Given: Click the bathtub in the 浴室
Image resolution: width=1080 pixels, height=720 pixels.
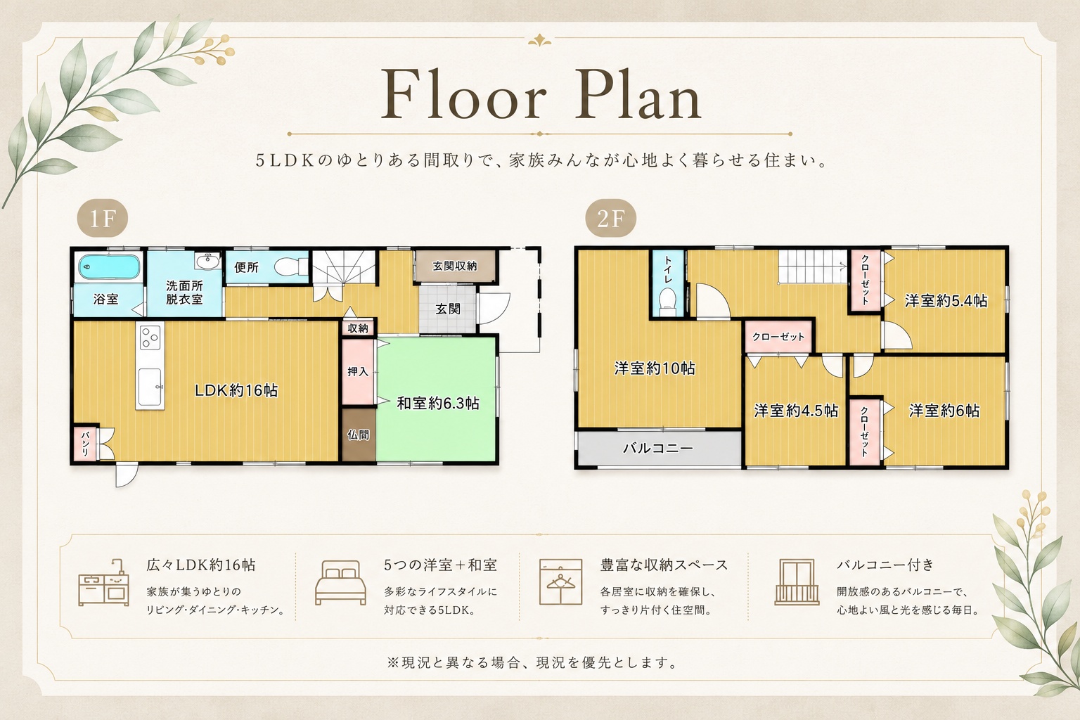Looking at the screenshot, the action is pyautogui.click(x=109, y=266).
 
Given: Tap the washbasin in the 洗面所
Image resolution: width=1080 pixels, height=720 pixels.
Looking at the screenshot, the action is pyautogui.click(x=208, y=262).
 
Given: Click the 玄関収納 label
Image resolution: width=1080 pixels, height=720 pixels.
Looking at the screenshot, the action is pyautogui.click(x=455, y=266).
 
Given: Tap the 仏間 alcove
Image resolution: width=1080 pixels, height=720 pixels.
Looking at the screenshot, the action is pyautogui.click(x=359, y=435).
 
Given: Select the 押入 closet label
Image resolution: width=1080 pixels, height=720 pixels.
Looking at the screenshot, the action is pyautogui.click(x=358, y=371).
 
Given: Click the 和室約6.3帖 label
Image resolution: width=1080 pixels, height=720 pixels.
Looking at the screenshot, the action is pyautogui.click(x=438, y=403).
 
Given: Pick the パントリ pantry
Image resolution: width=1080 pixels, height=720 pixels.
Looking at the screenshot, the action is pyautogui.click(x=85, y=444).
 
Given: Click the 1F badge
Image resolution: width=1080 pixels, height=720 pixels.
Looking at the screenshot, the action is pyautogui.click(x=103, y=219).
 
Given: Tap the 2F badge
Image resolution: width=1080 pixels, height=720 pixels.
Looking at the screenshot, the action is pyautogui.click(x=610, y=219).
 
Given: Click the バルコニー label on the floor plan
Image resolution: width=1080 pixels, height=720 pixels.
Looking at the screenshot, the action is pyautogui.click(x=658, y=449).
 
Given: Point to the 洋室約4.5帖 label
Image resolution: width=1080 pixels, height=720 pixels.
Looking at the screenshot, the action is pyautogui.click(x=796, y=411).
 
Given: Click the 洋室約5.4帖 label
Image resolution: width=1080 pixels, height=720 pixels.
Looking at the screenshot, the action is pyautogui.click(x=946, y=301).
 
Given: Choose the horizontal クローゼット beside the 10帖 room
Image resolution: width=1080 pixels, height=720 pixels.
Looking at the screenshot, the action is pyautogui.click(x=778, y=337).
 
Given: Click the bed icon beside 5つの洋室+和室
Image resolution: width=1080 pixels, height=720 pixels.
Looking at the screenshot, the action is pyautogui.click(x=340, y=582).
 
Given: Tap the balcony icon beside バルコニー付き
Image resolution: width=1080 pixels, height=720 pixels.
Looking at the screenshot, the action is pyautogui.click(x=797, y=582).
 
